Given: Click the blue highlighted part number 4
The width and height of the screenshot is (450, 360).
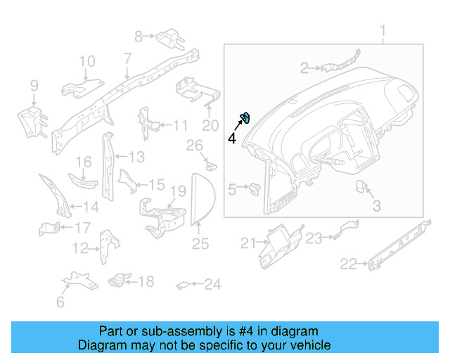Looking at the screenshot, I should coord(246,117).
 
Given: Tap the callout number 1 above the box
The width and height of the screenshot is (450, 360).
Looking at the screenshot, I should coord(383,31).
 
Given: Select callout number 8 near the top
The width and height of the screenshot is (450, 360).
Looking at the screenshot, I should coord(139,34).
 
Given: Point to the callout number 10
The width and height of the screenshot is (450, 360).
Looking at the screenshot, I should coord(86,63).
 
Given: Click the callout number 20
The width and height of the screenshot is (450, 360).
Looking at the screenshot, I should coord(210,126).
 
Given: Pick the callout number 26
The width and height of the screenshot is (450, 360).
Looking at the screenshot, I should coord(194,146).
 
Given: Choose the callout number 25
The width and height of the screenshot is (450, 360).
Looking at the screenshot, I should coord(200,244).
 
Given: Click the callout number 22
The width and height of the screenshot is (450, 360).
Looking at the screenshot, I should coord(349,264).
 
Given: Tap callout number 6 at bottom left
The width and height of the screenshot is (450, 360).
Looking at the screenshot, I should coord(60,302).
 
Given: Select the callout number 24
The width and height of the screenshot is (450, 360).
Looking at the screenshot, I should coord(212,285).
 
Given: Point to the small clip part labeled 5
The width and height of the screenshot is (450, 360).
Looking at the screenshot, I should coord(254,188).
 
